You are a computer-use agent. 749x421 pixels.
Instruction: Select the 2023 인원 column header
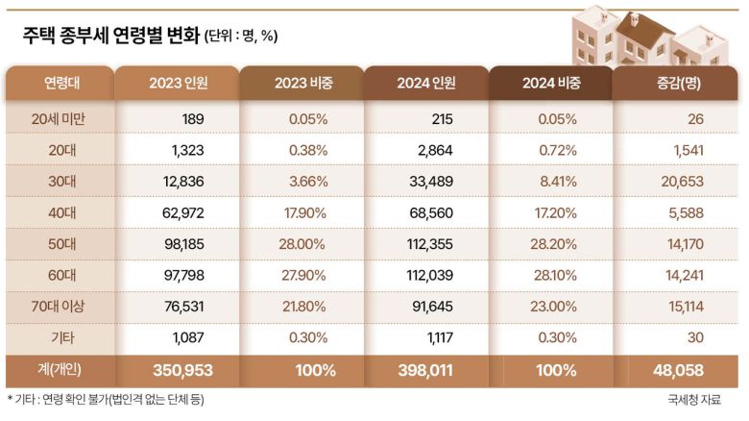point(178,83)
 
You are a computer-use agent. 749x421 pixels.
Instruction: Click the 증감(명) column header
point(676,83)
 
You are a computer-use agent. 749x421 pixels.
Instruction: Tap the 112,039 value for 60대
point(427,276)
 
